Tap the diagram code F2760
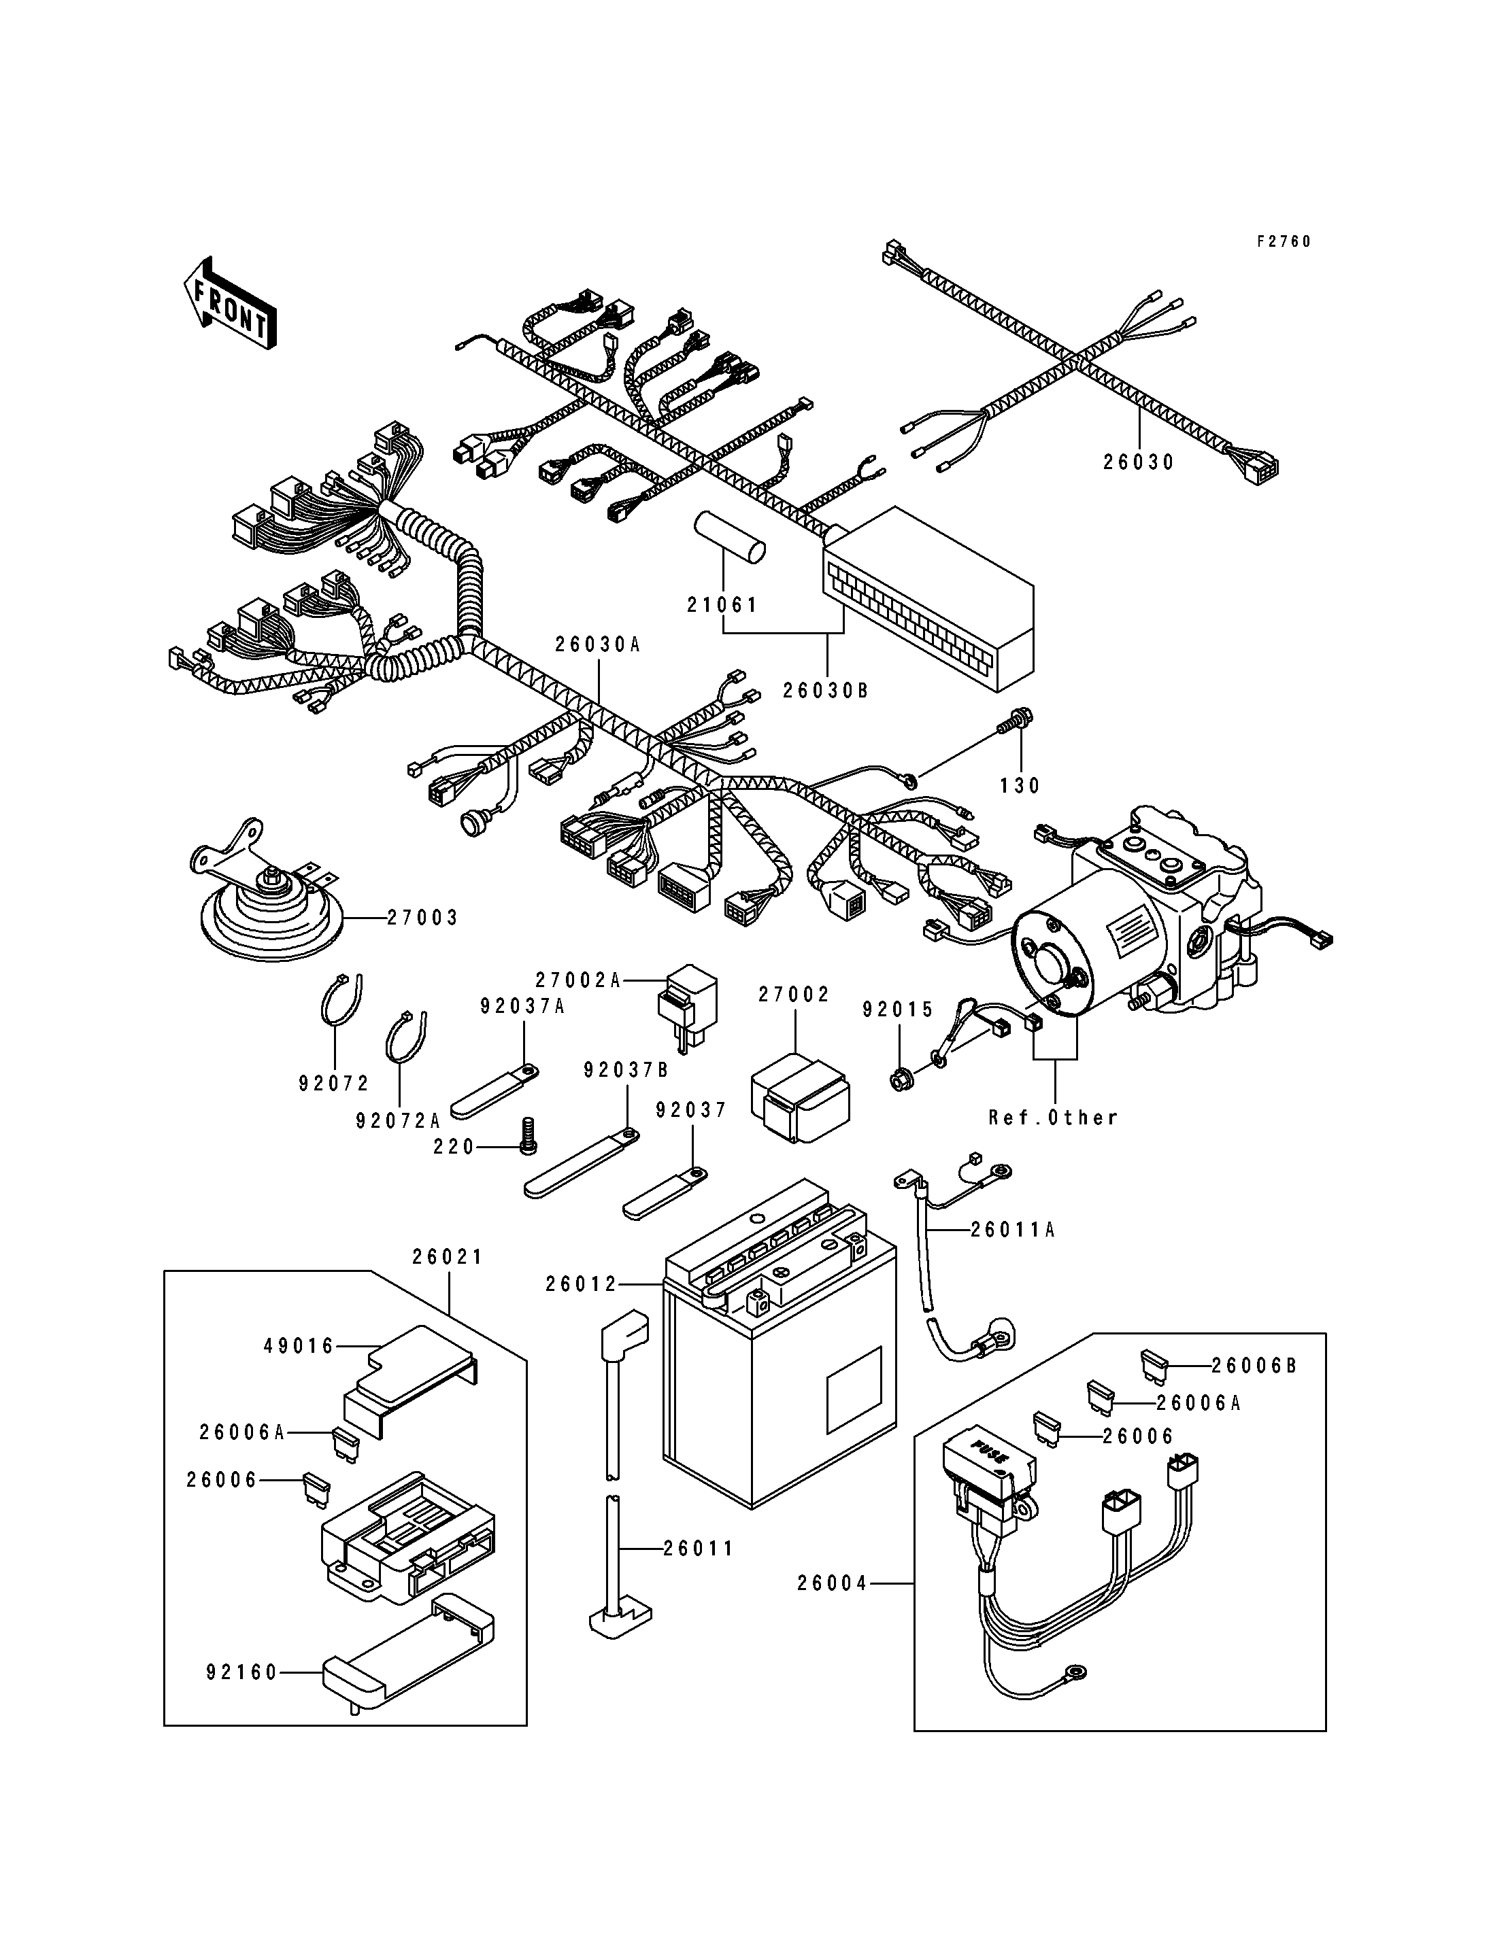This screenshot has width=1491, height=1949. click(x=1284, y=241)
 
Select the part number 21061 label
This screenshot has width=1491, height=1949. click(x=723, y=605)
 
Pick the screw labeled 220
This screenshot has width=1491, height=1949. click(x=527, y=1137)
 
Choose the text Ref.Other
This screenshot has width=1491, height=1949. click(x=1054, y=1118)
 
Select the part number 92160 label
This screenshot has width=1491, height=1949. click(x=242, y=1672)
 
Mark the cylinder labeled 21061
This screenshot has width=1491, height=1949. click(x=730, y=538)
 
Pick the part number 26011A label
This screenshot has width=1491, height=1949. click(x=1013, y=1230)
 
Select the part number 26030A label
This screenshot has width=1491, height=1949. click(x=598, y=645)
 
